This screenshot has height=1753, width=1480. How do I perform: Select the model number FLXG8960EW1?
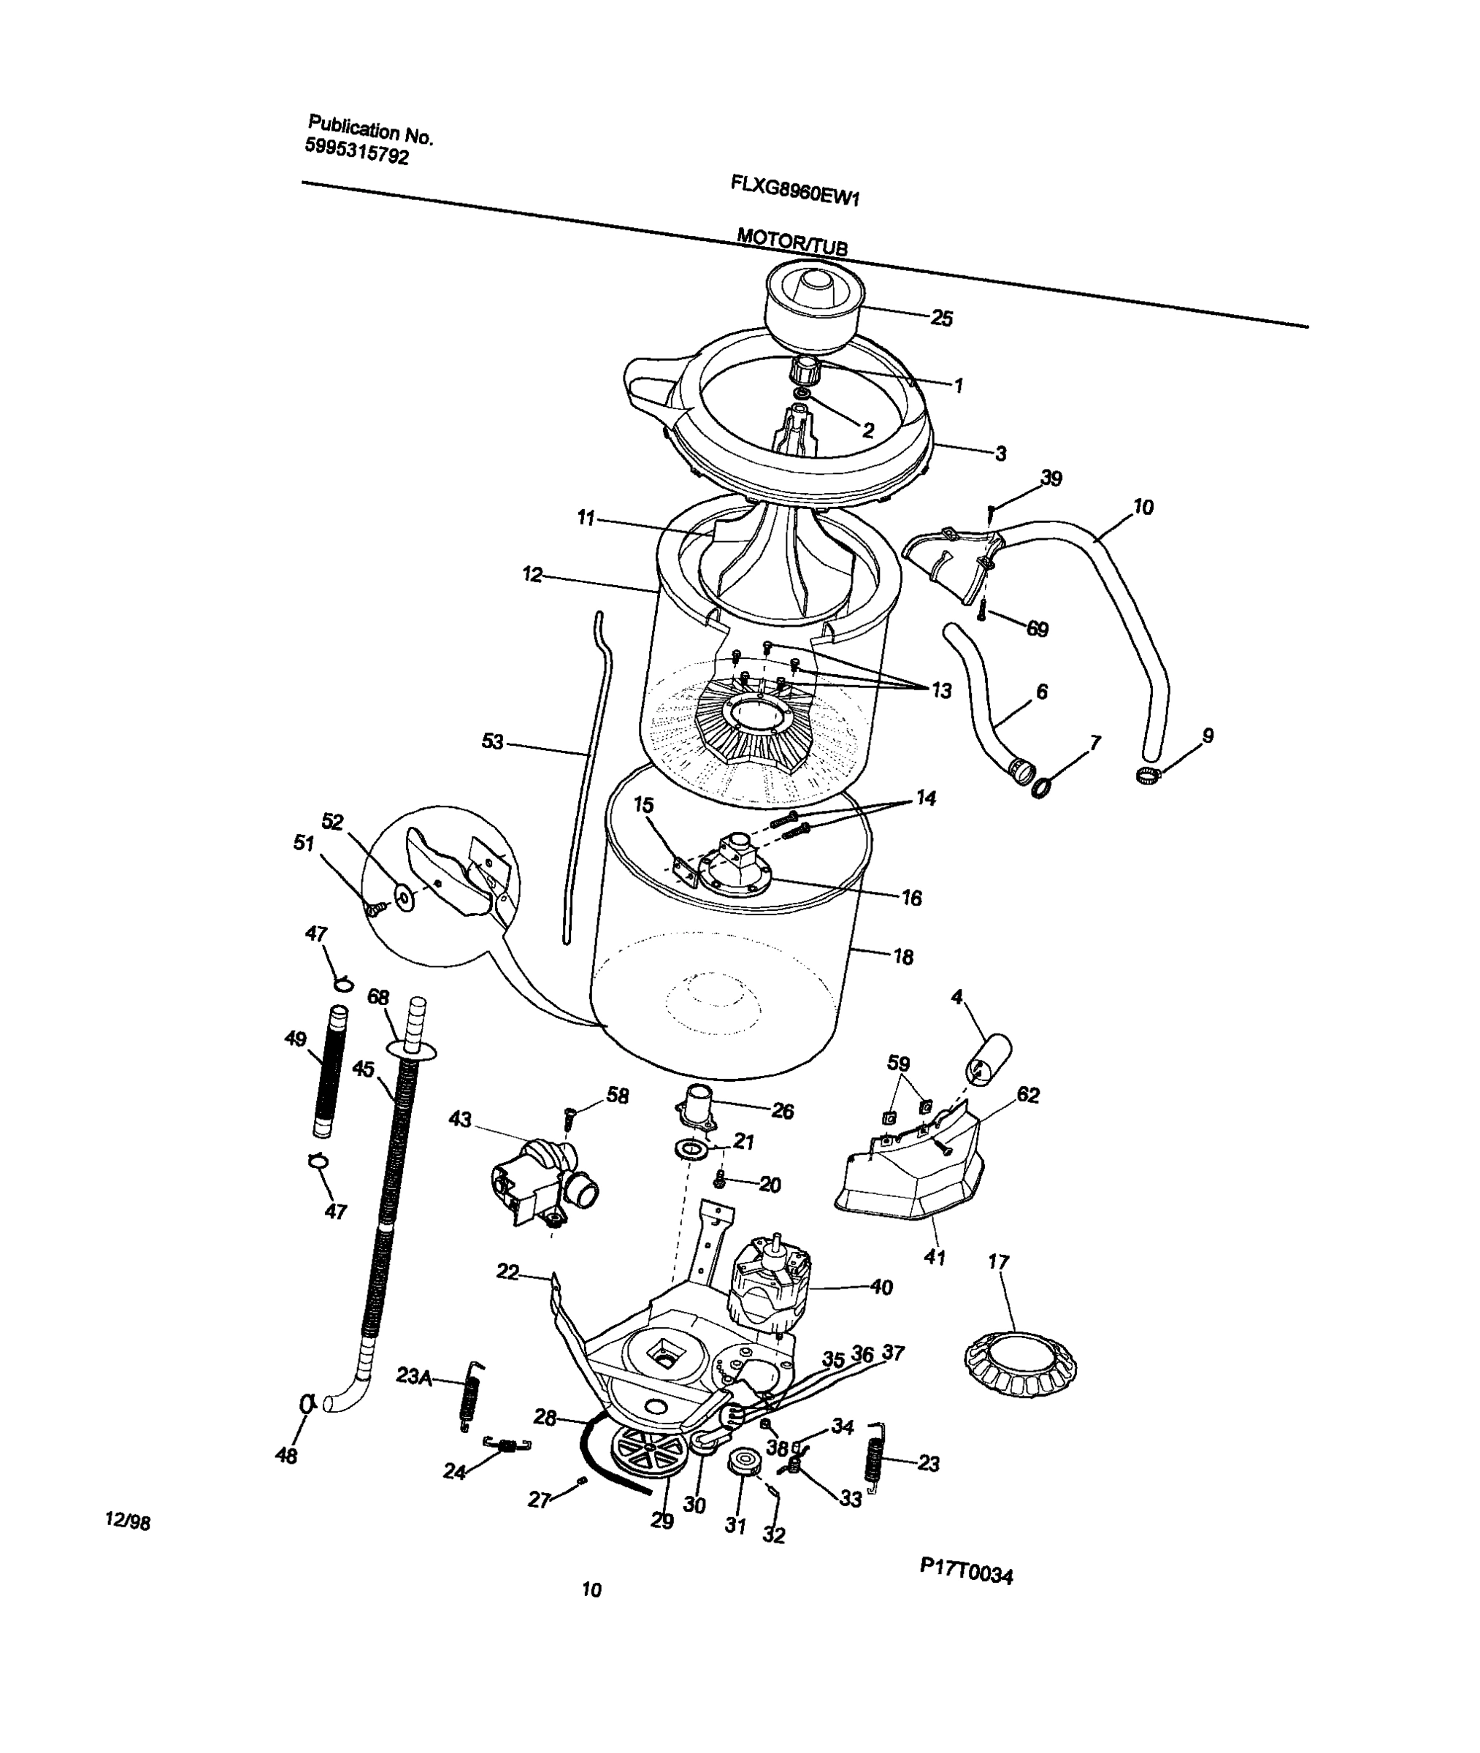(795, 191)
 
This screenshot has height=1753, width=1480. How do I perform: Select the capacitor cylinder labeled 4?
(989, 1059)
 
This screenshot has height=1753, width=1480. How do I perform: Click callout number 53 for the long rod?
(493, 742)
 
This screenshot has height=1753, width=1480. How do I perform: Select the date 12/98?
(128, 1521)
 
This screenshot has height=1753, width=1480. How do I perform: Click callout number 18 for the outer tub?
(902, 957)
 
